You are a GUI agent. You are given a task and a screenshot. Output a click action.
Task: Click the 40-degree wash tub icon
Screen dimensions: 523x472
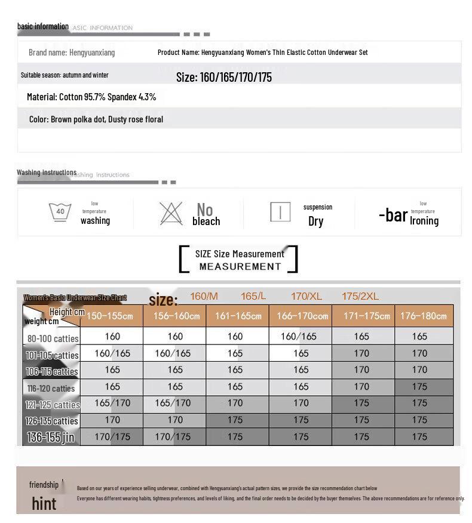point(60,211)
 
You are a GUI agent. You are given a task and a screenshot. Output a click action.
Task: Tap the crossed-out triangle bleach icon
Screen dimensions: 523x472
point(171,213)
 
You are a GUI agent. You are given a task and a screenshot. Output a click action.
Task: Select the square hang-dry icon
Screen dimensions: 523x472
point(280,212)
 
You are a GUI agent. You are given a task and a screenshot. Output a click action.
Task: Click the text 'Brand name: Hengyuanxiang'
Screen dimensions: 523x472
point(72,53)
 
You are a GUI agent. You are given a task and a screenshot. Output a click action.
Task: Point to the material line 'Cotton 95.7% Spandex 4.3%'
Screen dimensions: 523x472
point(91,97)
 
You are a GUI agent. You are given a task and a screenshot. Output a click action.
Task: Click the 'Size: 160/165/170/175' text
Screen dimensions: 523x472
point(224,77)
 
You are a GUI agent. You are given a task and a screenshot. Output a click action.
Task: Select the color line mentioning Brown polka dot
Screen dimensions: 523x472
point(96,119)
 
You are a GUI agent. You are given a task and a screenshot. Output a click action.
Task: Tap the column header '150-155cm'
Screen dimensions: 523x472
point(111,316)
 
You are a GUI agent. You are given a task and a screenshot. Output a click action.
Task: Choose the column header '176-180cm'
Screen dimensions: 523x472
point(424,316)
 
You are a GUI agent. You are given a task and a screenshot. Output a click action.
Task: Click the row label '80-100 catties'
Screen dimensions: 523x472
point(53,339)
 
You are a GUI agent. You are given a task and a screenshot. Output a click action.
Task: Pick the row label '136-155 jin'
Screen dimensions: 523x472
point(51,438)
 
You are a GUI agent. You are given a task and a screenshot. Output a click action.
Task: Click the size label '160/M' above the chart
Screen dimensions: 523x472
point(204,296)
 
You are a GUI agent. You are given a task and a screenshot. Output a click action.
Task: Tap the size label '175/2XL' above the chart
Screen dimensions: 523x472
point(360,296)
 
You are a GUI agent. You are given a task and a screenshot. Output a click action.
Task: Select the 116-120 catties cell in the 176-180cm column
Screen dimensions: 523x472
point(420,387)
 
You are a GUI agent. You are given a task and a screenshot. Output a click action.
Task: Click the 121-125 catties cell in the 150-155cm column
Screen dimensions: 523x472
point(112,403)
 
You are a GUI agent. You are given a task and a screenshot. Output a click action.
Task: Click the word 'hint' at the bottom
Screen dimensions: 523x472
point(44,503)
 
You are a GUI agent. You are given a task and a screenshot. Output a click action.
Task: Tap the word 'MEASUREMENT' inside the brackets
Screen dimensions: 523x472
point(240,266)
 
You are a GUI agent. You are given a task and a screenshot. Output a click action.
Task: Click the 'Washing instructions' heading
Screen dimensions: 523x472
point(47,173)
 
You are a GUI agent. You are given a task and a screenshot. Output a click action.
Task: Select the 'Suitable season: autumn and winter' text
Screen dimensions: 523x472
point(65,75)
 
